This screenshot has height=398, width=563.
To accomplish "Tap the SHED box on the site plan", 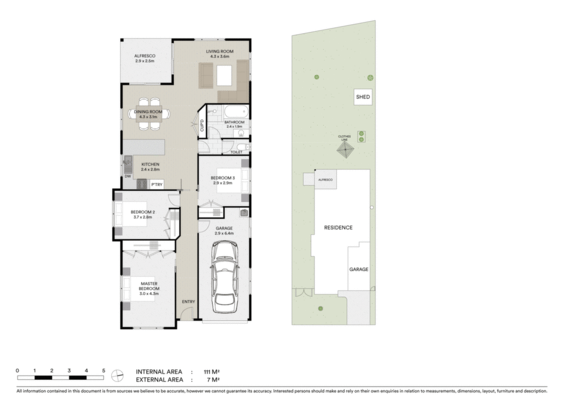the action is (363, 97).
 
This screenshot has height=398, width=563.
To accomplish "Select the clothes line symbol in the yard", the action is (345, 150).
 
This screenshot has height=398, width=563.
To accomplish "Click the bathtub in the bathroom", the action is (236, 112).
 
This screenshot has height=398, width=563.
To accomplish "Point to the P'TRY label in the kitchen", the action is (157, 185).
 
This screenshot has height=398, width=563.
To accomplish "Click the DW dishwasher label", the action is (128, 176).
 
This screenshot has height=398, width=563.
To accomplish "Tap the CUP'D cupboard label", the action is (202, 125).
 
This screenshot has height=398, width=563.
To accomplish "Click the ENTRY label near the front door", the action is (188, 301).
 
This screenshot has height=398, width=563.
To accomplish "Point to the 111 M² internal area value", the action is (212, 372).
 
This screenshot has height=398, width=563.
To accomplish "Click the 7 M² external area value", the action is (213, 380).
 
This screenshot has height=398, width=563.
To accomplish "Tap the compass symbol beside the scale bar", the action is (117, 376).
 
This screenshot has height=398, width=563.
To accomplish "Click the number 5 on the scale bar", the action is (103, 371).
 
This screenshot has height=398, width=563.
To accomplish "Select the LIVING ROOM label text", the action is (219, 51).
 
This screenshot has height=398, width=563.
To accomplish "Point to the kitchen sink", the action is (128, 164).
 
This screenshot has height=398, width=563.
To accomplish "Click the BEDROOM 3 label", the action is (223, 178).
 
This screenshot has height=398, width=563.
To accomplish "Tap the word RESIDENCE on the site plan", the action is (338, 228).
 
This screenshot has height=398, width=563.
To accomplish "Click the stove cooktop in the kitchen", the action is (142, 184).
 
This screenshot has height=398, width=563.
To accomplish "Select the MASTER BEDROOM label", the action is (149, 286).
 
